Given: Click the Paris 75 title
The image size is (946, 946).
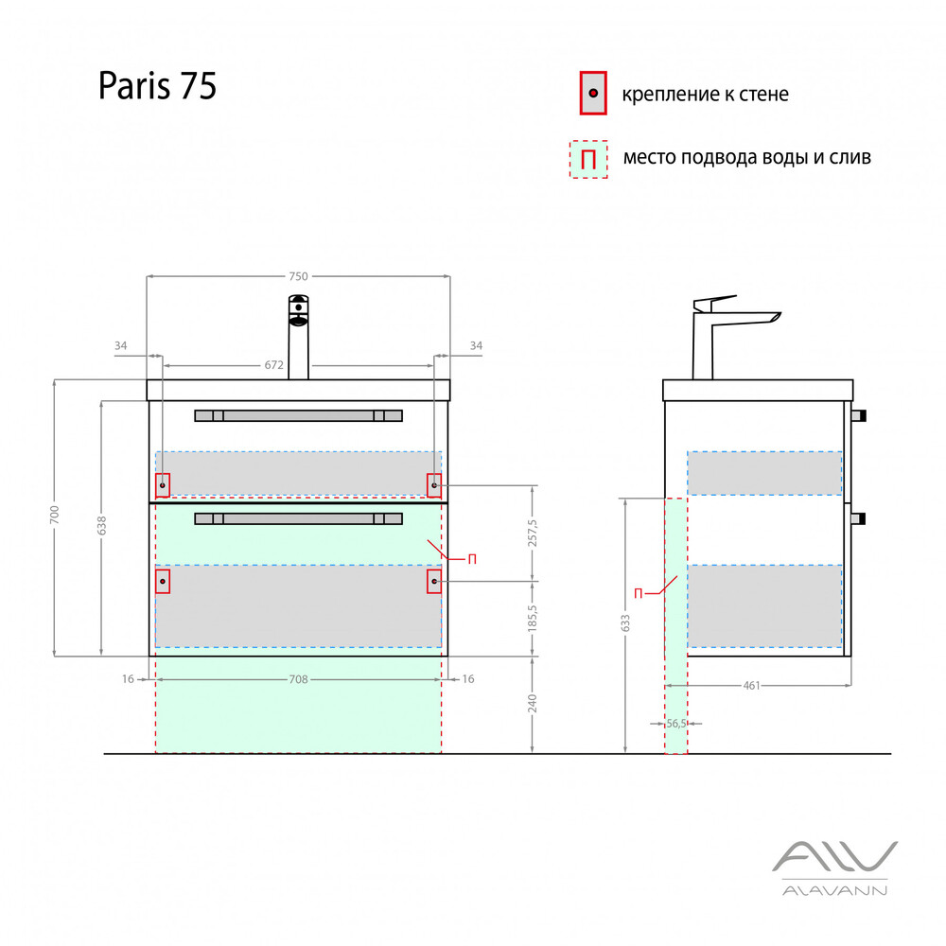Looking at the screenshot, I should click(158, 86).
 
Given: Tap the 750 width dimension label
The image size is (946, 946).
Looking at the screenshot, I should click(298, 276).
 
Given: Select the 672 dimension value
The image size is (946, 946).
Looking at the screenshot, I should click(274, 364).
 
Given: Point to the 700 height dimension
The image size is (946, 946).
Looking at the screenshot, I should click(55, 516).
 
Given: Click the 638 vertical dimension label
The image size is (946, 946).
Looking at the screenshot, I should click(101, 525).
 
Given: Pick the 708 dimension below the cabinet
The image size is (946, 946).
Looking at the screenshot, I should click(298, 679).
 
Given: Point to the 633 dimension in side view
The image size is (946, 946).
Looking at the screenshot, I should click(625, 622).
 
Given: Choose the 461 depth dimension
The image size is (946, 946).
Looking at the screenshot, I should click(752, 686).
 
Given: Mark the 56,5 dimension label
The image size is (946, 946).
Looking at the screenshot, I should click(675, 724).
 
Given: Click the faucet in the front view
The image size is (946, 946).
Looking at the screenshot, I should click(299, 336).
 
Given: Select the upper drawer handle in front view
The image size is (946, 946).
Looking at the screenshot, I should click(298, 415).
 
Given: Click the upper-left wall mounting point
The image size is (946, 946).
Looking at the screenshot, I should click(163, 485).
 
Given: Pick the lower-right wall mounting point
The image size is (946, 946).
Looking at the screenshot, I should click(434, 580).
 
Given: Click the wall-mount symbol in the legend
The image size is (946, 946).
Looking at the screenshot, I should click(592, 94).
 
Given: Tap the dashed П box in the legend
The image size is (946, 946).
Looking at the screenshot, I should click(587, 159).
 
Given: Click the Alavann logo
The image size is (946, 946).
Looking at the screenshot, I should click(833, 867).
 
